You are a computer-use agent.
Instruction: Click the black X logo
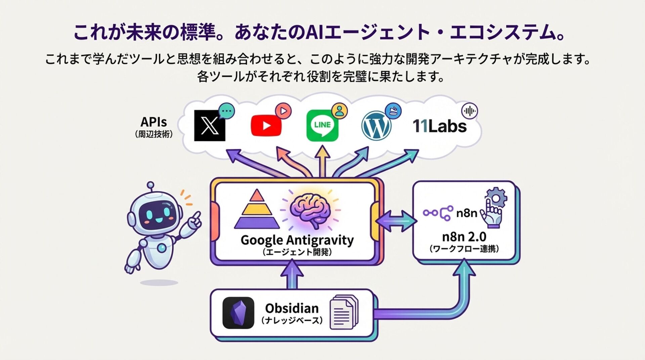point(210,126)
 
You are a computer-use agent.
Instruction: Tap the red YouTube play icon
point(266,126)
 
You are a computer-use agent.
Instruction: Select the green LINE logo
point(322,126)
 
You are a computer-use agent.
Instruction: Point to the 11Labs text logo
point(439,126)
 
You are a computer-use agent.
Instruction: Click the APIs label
point(154,122)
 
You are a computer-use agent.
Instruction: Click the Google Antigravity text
point(297,240)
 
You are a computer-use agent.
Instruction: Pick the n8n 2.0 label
point(464,237)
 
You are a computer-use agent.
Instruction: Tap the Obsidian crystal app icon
point(238,313)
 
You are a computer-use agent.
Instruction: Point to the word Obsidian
point(292,308)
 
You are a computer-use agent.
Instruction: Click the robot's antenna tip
point(150,185)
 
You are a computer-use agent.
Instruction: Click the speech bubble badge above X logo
point(226,111)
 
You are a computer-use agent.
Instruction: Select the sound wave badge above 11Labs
point(469,111)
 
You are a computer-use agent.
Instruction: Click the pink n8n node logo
point(438,213)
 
